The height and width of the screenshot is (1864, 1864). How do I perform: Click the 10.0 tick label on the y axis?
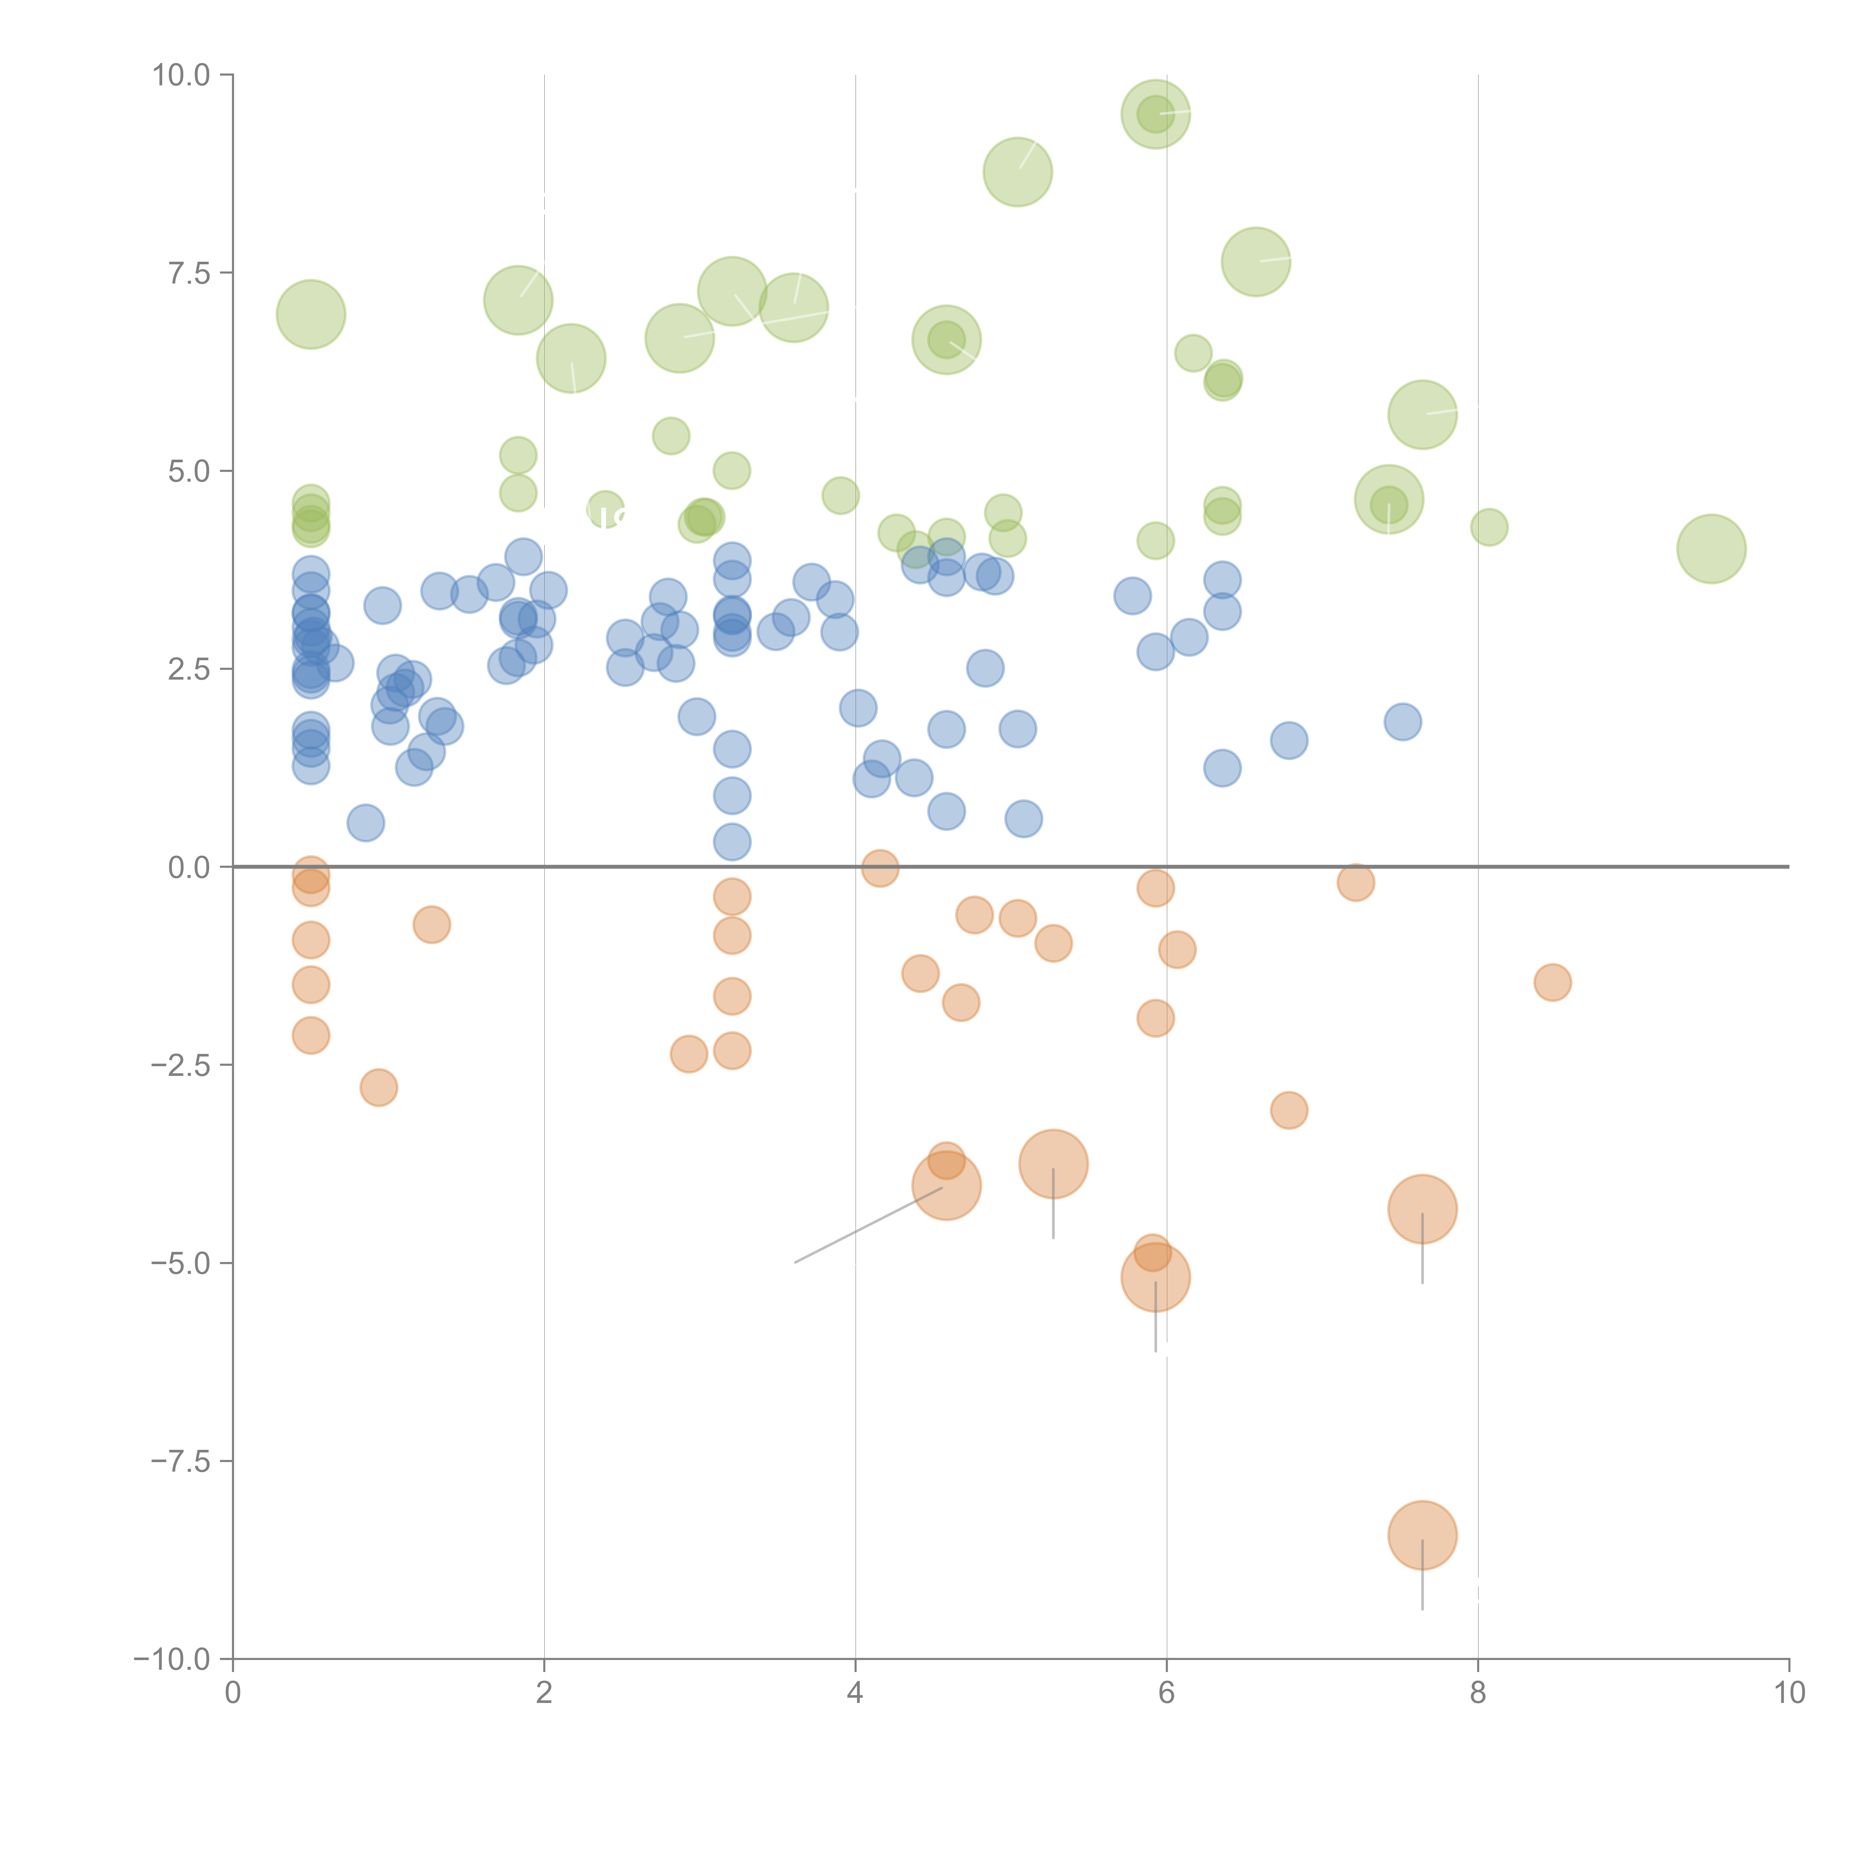point(182,75)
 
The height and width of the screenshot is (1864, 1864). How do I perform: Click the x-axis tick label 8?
point(1478,1693)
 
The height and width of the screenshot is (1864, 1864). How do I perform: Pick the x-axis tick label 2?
point(544,1693)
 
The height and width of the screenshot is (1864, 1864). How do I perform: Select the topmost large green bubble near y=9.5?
point(1156,114)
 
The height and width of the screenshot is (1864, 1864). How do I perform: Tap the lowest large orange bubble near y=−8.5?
point(1422,1535)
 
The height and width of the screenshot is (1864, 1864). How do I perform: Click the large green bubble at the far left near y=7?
point(311,315)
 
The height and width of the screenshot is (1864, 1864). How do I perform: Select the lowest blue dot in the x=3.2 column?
point(732,842)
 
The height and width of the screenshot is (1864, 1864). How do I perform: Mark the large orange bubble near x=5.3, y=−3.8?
point(1054,1165)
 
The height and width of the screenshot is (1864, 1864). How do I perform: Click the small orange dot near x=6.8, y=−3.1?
point(1289,1111)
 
